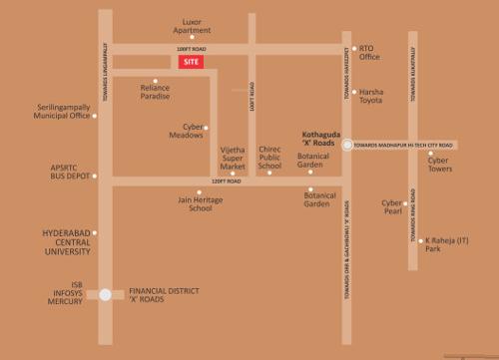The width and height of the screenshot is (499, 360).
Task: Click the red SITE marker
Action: pyautogui.click(x=193, y=62)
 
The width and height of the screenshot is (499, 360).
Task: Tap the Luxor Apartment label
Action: pyautogui.click(x=192, y=25)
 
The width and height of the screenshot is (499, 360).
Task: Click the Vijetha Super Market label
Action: pyautogui.click(x=233, y=158)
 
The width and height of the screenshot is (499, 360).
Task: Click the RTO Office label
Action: pyautogui.click(x=369, y=52)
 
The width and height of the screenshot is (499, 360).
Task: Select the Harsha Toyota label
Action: pyautogui.click(x=371, y=96)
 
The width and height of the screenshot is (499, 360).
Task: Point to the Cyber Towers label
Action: pyautogui.click(x=439, y=165)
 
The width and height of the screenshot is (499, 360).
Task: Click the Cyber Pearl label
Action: pyautogui.click(x=391, y=206)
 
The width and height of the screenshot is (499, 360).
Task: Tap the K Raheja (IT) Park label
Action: pyautogui.click(x=446, y=243)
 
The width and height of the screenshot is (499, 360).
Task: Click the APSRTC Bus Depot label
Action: pyautogui.click(x=70, y=172)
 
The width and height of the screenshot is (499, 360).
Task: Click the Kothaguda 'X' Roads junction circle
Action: pyautogui.click(x=345, y=145)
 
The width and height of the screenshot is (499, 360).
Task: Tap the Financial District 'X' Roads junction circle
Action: pyautogui.click(x=105, y=294)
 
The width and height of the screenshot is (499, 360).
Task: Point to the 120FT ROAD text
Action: pyautogui.click(x=226, y=181)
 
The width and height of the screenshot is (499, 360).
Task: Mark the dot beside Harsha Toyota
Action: pyautogui.click(x=354, y=91)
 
